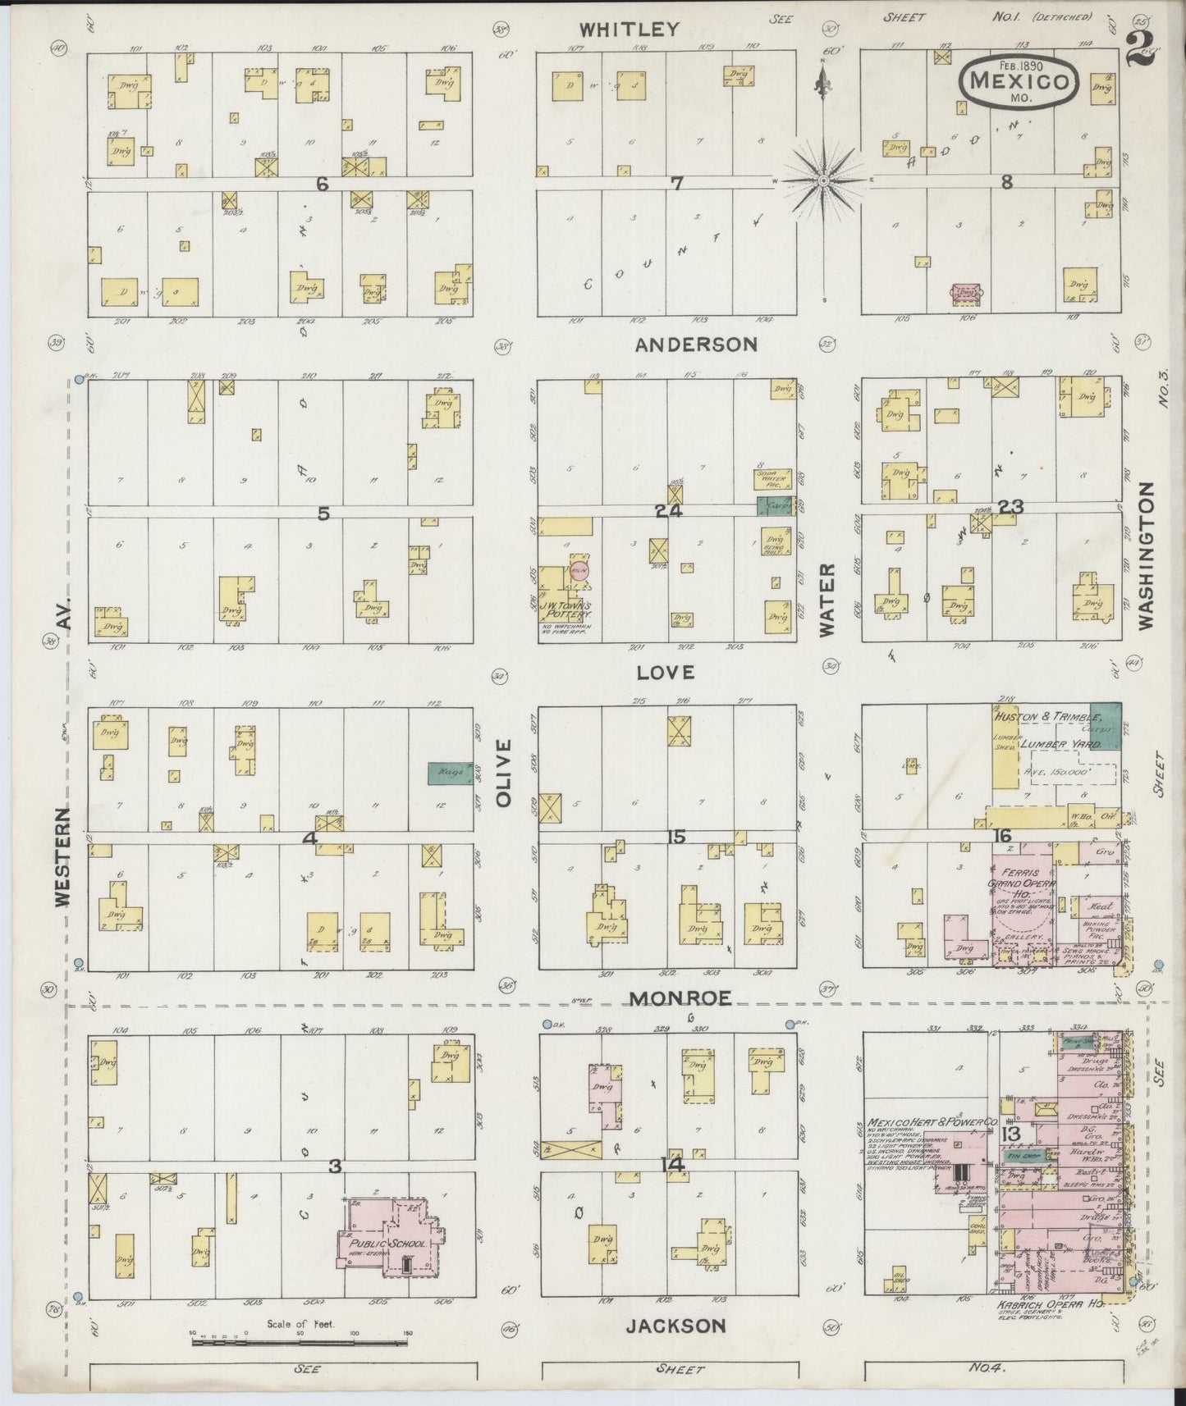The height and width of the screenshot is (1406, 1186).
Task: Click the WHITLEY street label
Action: [x=630, y=30]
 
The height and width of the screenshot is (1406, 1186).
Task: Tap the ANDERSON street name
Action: [x=696, y=345]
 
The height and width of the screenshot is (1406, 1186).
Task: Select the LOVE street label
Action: [x=666, y=673]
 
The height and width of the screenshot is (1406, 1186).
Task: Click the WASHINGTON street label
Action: [x=1146, y=556]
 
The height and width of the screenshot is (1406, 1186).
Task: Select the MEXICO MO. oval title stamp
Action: [x=1019, y=81]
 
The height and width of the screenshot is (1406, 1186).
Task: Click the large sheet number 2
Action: [x=1141, y=49]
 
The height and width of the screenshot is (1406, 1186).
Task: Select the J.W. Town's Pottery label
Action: [x=566, y=609]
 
